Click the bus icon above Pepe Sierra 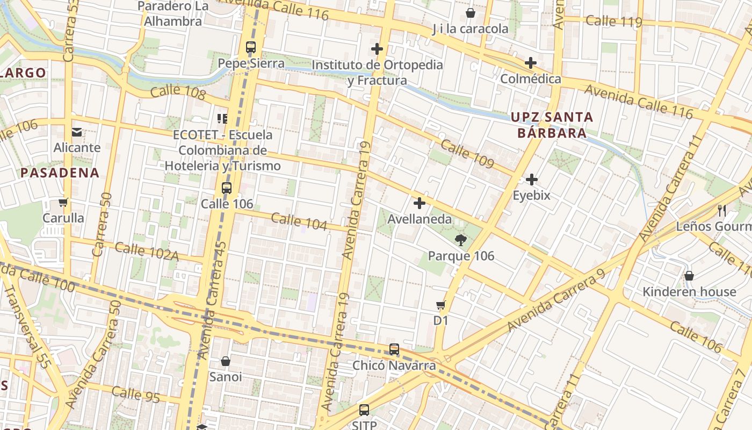251,47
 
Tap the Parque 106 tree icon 460,240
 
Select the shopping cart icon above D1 440,305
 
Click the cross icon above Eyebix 532,179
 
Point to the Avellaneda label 420,219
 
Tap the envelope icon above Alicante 77,132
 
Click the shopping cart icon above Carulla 63,203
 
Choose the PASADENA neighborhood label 60,173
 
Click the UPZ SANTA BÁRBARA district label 552,125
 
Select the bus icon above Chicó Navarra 394,349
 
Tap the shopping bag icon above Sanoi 226,361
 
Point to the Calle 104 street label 299,221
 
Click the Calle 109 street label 467,154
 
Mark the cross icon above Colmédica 530,63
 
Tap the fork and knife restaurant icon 722,210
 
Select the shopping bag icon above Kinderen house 689,276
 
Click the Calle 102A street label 147,252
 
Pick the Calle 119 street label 614,21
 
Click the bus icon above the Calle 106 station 227,188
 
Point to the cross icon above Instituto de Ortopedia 377,49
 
